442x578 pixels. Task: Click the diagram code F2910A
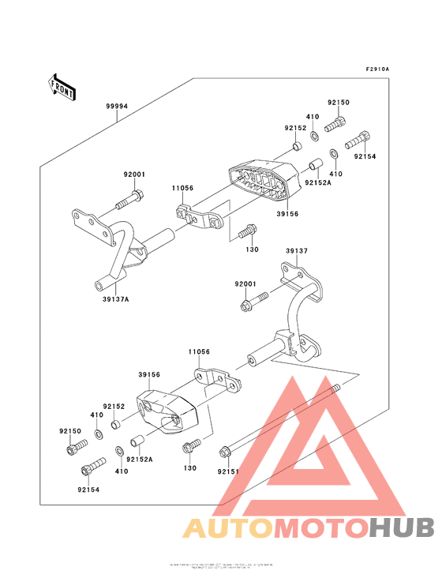pyautogui.click(x=377, y=69)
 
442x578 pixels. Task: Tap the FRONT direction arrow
pyautogui.click(x=62, y=86)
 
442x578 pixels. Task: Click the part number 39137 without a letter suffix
pyautogui.click(x=297, y=251)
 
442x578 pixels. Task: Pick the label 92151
pyautogui.click(x=228, y=471)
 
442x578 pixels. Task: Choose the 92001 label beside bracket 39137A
pyautogui.click(x=134, y=175)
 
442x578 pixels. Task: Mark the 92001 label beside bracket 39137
pyautogui.click(x=245, y=283)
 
